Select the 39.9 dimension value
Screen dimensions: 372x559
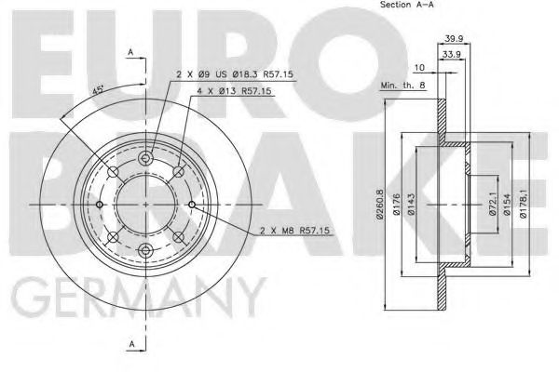pyautogui.click(x=454, y=39)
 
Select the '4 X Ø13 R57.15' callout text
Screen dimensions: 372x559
pyautogui.click(x=233, y=92)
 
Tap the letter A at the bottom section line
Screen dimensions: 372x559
pyautogui.click(x=130, y=345)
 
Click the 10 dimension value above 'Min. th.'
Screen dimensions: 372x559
pyautogui.click(x=420, y=69)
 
